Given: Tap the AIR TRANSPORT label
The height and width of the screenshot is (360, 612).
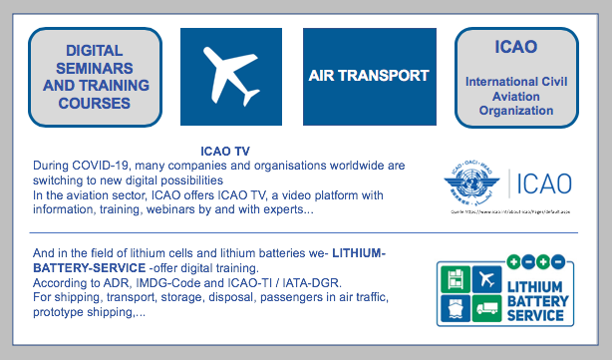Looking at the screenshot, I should click(369, 75).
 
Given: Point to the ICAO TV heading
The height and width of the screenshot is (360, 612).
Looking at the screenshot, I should click(224, 150).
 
